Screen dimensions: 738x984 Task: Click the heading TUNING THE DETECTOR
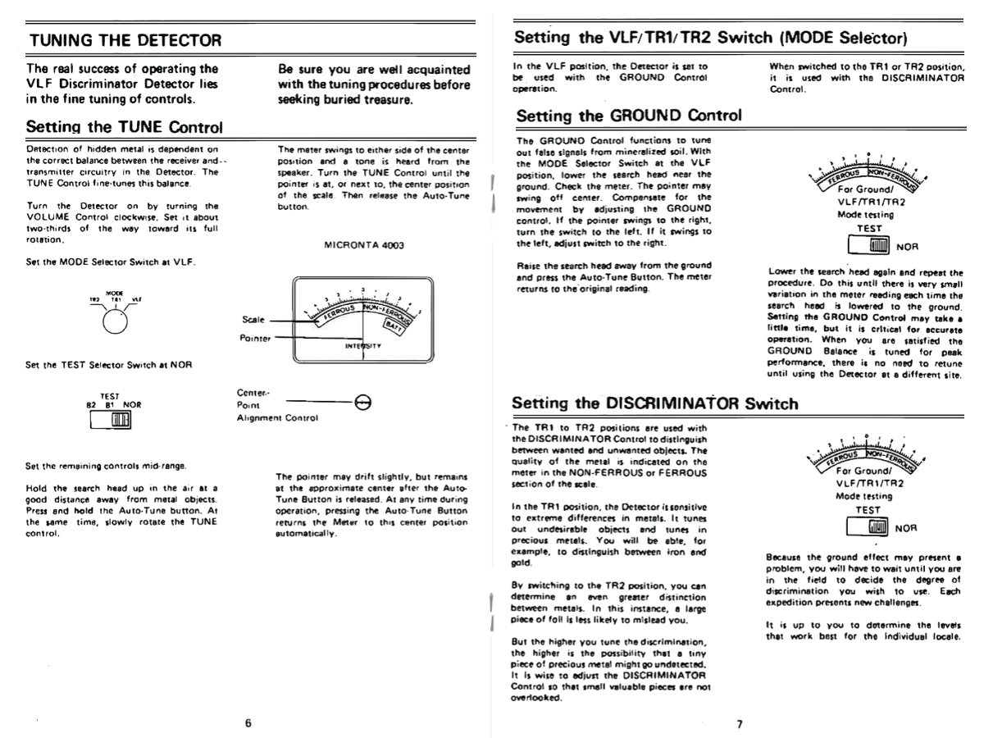pyautogui.click(x=125, y=39)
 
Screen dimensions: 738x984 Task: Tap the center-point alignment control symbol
pyautogui.click(x=362, y=400)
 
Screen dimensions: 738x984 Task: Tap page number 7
pyautogui.click(x=739, y=723)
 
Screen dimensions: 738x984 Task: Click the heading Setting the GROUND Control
pyautogui.click(x=629, y=116)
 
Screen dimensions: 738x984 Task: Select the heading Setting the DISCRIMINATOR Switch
pyautogui.click(x=654, y=403)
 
